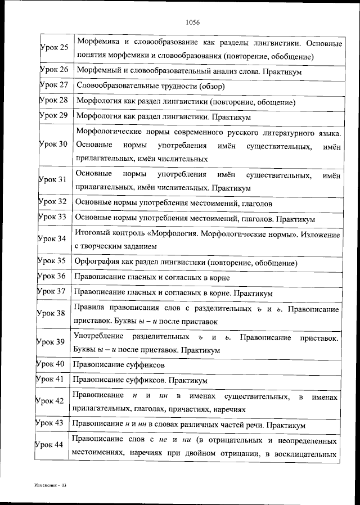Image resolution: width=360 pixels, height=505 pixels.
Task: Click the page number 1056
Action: click(193, 22)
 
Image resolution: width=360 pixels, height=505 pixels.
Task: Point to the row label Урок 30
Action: click(54, 145)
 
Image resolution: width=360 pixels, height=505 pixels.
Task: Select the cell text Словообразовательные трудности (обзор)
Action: click(150, 86)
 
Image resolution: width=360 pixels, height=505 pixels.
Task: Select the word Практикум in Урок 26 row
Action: click(281, 73)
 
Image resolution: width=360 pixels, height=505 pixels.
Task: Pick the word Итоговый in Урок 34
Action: click(91, 233)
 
